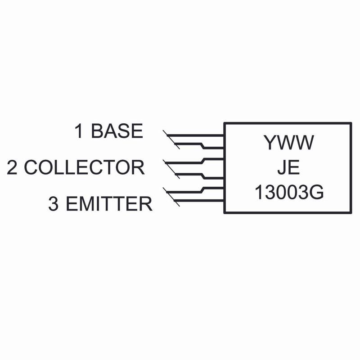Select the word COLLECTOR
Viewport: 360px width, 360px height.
click(x=84, y=167)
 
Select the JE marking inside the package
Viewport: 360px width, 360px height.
click(x=288, y=168)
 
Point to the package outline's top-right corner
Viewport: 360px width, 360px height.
click(x=351, y=123)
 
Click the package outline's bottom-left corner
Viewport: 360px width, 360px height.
click(x=224, y=213)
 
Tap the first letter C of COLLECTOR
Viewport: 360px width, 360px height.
click(x=31, y=167)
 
